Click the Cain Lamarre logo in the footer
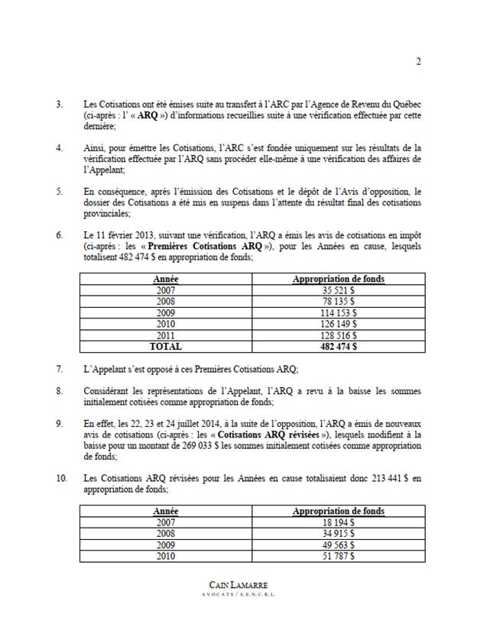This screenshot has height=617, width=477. coord(238,586)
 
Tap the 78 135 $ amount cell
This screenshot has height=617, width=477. coord(339,302)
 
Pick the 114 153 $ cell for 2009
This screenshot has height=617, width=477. coord(339,313)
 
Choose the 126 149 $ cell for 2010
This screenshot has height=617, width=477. coord(339,324)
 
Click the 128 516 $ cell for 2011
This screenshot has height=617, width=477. coord(339,334)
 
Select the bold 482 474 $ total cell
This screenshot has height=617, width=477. coord(339,346)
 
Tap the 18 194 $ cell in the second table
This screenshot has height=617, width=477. coord(339,522)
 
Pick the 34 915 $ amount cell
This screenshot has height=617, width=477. coord(339,533)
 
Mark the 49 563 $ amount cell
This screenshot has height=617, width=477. coord(339,544)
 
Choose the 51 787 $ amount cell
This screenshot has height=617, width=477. coord(339,555)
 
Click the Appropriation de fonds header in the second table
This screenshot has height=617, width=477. coord(339,511)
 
